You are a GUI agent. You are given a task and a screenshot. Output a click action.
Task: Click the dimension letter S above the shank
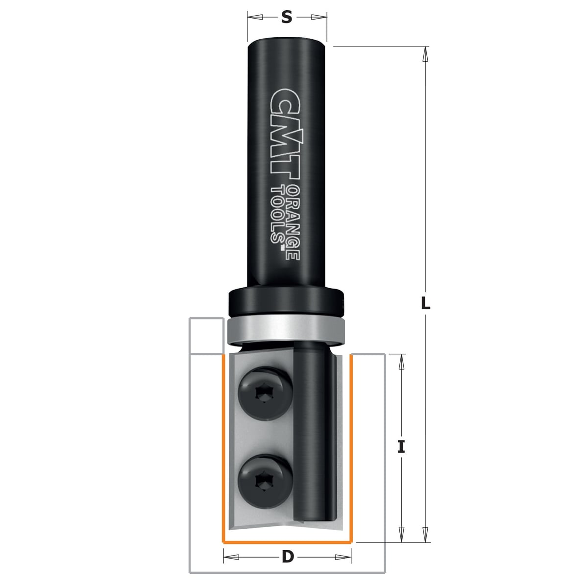286,17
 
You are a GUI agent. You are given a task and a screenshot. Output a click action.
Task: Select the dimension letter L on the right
425,303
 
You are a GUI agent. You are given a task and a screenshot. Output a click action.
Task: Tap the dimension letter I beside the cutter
401,448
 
